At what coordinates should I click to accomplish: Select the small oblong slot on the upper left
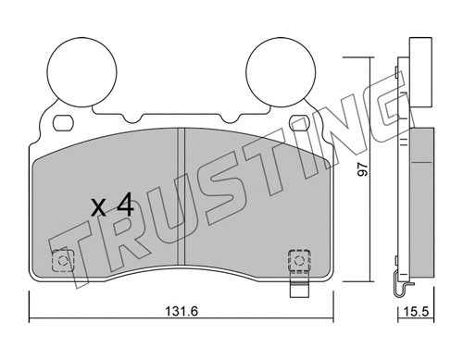[63, 121]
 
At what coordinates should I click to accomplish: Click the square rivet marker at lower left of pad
[64, 261]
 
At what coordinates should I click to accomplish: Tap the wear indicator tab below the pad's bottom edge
[300, 293]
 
